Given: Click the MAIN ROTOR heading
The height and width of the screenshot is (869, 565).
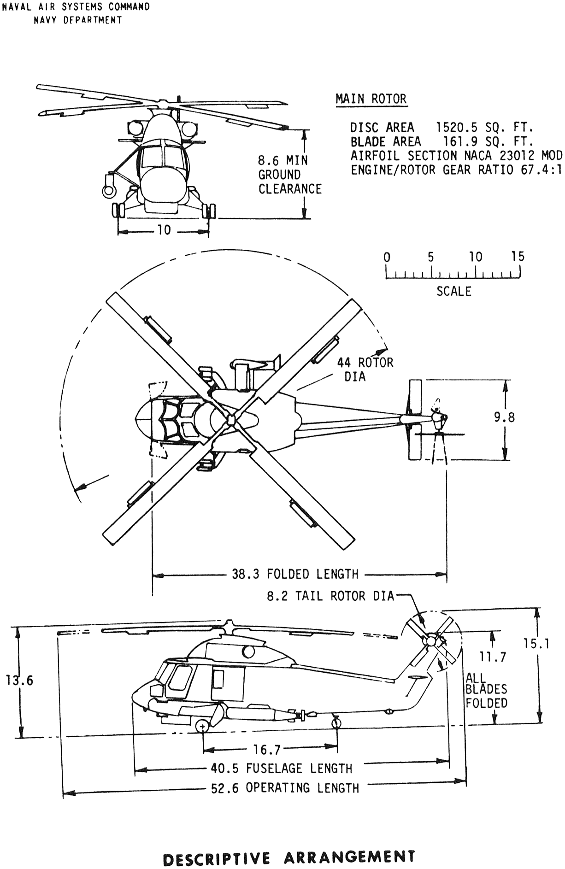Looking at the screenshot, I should point(371,99).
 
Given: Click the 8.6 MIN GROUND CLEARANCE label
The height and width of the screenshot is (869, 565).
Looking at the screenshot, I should point(289,175).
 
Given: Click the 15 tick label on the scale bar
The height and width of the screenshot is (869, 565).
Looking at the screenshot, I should point(518,257).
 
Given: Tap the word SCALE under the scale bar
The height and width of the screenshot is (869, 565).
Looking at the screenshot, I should point(454,291).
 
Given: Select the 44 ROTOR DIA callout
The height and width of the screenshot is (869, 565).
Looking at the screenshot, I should point(365,369).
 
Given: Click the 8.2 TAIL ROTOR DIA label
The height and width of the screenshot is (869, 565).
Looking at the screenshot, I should point(330,596).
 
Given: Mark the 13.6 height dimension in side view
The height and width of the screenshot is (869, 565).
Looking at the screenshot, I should point(19,681).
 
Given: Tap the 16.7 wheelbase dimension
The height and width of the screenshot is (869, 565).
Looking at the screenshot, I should point(267,750).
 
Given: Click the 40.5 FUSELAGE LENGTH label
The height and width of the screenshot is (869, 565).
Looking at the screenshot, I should point(281,769).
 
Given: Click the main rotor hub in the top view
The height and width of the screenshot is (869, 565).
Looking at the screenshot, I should point(231,419).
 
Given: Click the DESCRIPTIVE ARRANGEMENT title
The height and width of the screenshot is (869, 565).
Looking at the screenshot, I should point(289,857).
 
